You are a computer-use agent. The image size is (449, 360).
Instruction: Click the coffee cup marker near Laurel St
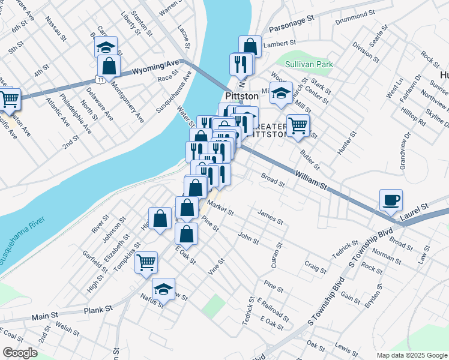click(x=391, y=200)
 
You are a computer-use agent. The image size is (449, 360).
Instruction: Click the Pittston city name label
click(x=241, y=96)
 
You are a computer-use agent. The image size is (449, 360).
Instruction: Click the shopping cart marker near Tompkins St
click(x=146, y=262)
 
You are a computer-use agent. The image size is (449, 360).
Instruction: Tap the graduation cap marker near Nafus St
click(x=163, y=289)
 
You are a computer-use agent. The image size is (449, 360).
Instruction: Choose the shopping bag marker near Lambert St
click(x=250, y=46)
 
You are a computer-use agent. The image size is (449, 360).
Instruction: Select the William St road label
click(x=310, y=181)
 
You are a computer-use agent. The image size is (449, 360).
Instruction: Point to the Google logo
click(x=20, y=353)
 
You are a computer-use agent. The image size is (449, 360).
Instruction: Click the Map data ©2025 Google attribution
click(x=411, y=355)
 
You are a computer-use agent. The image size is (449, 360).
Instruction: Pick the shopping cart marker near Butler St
click(x=298, y=125)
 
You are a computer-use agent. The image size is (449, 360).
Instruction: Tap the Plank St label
click(x=98, y=310)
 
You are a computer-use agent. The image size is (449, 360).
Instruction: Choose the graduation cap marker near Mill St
click(x=280, y=92)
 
